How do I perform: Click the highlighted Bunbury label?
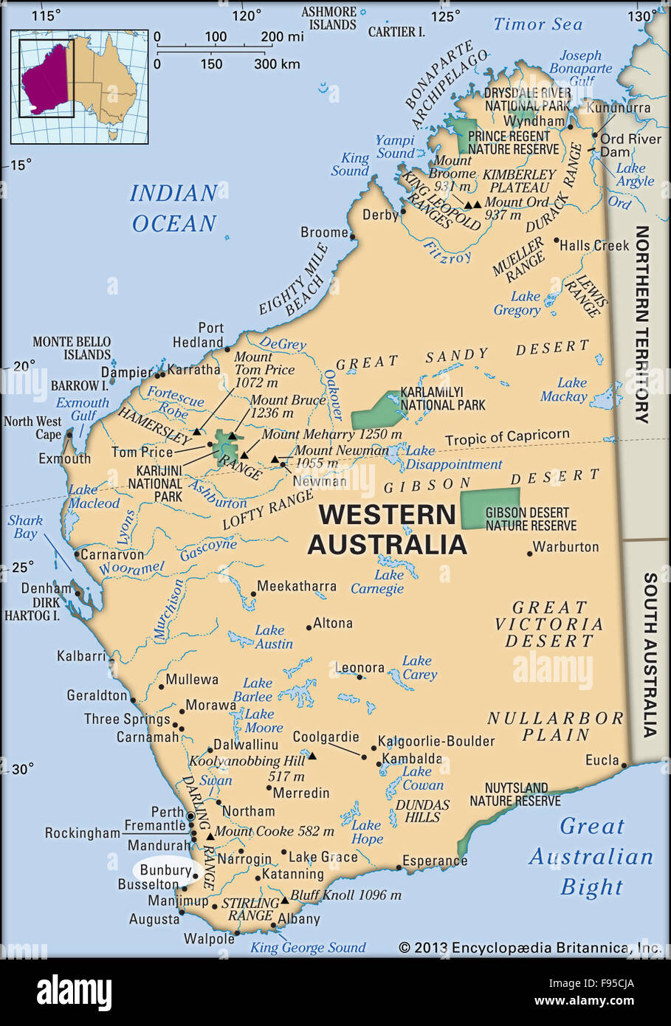pos(165,871)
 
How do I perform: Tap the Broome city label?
pos(324,232)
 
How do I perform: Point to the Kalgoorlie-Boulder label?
pos(436,741)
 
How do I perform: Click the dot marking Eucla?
pos(624,765)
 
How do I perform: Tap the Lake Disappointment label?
pos(453,458)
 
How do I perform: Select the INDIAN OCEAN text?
pos(174,208)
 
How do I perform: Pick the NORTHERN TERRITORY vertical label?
pos(641,325)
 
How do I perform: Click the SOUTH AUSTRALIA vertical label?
pos(649,655)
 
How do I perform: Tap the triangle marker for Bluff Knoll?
pos(284,901)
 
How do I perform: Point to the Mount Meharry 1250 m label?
pos(331,434)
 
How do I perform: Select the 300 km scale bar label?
pos(277,64)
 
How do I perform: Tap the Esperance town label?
pos(435,861)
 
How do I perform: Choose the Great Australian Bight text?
pos(591,856)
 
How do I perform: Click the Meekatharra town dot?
pos(253,593)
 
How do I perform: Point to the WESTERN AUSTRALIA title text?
pos(387,529)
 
